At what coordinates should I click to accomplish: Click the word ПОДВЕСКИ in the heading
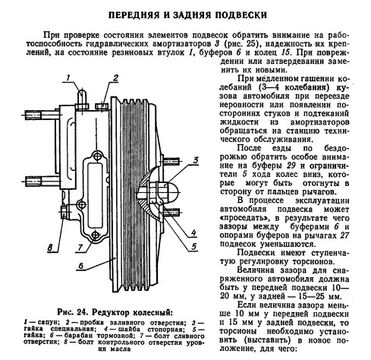click(x=241, y=15)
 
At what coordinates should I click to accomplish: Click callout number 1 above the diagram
click(x=68, y=78)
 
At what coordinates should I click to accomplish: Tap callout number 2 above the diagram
click(x=115, y=78)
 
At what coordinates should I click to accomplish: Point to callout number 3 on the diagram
click(x=195, y=160)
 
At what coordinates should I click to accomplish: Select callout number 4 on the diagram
click(x=193, y=232)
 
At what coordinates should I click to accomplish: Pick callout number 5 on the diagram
click(x=193, y=246)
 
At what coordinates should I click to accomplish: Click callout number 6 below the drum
click(x=81, y=266)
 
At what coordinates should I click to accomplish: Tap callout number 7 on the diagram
click(x=80, y=248)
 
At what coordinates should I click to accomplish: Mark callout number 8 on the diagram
click(x=50, y=248)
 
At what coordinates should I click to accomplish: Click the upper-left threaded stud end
click(x=33, y=115)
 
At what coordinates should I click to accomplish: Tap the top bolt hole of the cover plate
click(x=96, y=156)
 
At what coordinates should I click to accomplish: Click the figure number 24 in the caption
click(x=81, y=312)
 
